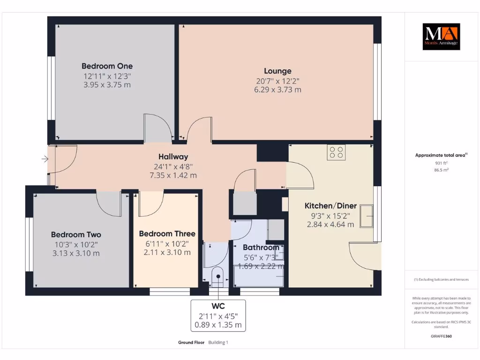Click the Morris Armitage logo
(441, 37)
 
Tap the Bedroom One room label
(107, 66)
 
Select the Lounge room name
(277, 71)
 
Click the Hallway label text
(173, 157)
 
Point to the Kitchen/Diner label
(330, 206)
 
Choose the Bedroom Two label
(76, 234)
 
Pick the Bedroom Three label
(167, 233)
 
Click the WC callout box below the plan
(218, 315)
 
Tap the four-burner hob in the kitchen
(336, 152)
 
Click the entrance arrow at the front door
(45, 159)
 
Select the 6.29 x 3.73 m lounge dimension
(277, 90)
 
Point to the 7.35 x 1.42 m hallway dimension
(173, 175)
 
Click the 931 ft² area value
(441, 163)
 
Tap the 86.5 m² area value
(441, 170)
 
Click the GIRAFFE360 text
(441, 336)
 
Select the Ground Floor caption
(191, 343)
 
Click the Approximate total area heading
(441, 155)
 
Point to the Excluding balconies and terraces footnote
(441, 279)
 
